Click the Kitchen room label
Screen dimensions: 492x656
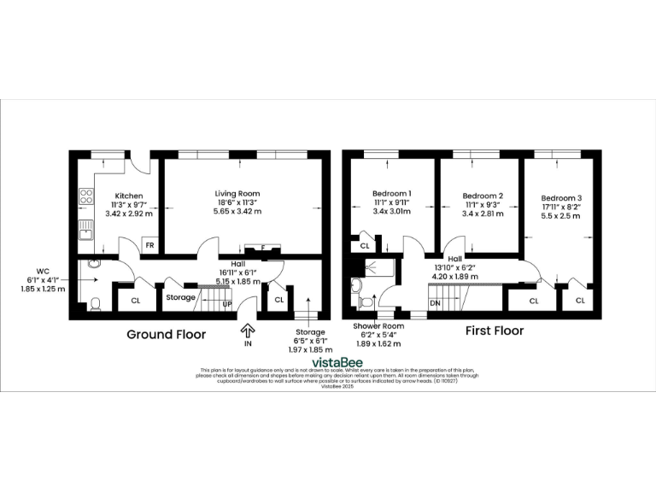point(129,196)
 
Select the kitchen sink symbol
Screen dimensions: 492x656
point(86,228)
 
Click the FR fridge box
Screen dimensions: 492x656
point(149,245)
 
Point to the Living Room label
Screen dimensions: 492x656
point(237,194)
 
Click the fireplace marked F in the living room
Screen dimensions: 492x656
point(263,249)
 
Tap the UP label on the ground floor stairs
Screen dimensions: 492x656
point(227,303)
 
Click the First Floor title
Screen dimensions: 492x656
point(494,331)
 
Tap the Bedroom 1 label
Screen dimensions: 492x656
point(391,194)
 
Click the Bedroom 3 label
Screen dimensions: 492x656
point(561,197)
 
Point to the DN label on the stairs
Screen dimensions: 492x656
point(434,302)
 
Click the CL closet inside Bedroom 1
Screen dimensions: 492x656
point(365,246)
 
